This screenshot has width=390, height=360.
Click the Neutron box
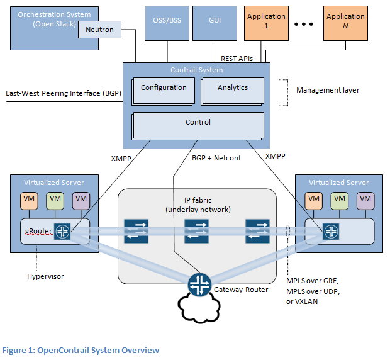99,29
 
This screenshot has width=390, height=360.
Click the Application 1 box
265,21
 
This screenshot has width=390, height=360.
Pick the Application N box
345,21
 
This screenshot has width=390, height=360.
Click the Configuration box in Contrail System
164,89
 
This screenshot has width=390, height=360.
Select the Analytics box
232,89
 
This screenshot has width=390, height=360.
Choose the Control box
198,123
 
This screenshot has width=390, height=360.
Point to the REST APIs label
237,58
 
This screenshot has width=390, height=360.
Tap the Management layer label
328,90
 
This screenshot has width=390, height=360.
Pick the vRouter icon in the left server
63,232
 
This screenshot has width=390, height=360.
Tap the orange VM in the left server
29,200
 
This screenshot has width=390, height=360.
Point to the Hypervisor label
45,276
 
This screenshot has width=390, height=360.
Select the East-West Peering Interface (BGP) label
62,93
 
